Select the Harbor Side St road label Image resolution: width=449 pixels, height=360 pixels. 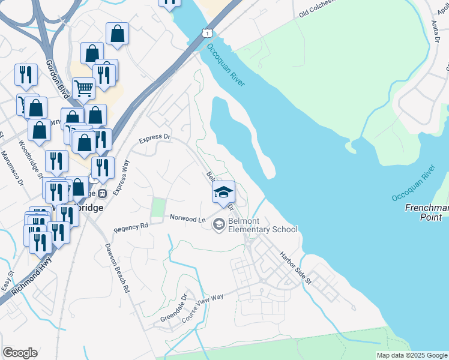pos(295,267)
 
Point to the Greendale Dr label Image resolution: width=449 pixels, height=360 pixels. pos(171,308)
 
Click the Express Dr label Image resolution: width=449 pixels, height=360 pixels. pos(155,138)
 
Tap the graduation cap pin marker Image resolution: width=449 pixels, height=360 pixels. pos(224,192)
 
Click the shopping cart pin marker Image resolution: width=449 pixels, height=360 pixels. pos(83,89)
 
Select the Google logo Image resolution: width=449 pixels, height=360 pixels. pos(20,353)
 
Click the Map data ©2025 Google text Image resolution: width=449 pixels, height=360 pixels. pos(412,355)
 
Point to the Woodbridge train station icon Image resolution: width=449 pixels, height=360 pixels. pos(103,194)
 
